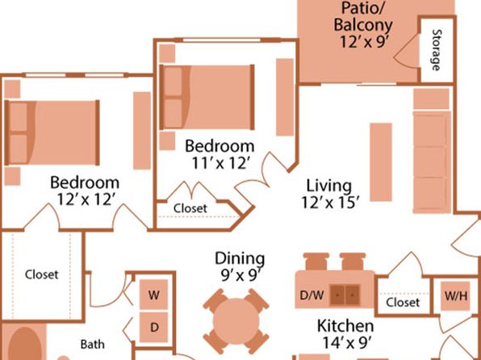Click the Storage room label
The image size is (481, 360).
tap(437, 50)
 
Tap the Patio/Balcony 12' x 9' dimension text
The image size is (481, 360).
tap(364, 41)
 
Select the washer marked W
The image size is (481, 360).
tap(153, 295)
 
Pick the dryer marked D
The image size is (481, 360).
tap(153, 327)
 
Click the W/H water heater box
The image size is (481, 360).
tap(455, 296)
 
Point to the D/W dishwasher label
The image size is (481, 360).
tap(312, 295)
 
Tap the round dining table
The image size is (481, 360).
tap(236, 321)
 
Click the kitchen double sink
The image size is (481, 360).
tap(345, 295)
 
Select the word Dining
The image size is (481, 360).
tap(240, 258)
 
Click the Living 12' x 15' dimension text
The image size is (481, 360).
tap(330, 203)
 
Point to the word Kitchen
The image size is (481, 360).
tap(345, 326)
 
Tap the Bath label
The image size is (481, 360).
tap(93, 345)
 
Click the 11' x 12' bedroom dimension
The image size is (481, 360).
tap(220, 163)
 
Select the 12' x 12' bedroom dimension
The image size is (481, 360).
tap(86, 199)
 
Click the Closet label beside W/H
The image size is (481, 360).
tap(403, 303)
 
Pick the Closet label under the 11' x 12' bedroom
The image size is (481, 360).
tap(190, 208)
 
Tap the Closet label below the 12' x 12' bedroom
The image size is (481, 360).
tap(42, 274)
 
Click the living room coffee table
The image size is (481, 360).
tap(381, 162)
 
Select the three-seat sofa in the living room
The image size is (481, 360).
tap(432, 162)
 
